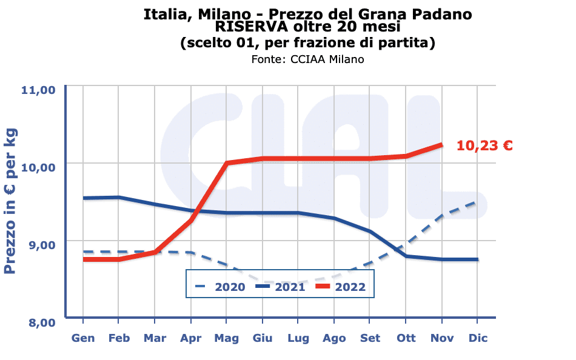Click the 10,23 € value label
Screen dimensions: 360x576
[x=484, y=145]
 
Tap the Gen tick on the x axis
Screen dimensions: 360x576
[x=83, y=338]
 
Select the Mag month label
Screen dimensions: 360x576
[x=227, y=338]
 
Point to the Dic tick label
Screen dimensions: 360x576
[x=477, y=338]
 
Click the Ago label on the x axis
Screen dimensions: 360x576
[x=334, y=338]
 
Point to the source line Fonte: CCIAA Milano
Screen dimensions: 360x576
[x=307, y=59]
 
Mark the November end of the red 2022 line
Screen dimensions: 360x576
[x=441, y=145]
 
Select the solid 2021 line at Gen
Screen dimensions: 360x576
[x=83, y=198]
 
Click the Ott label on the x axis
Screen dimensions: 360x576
[x=406, y=338]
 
